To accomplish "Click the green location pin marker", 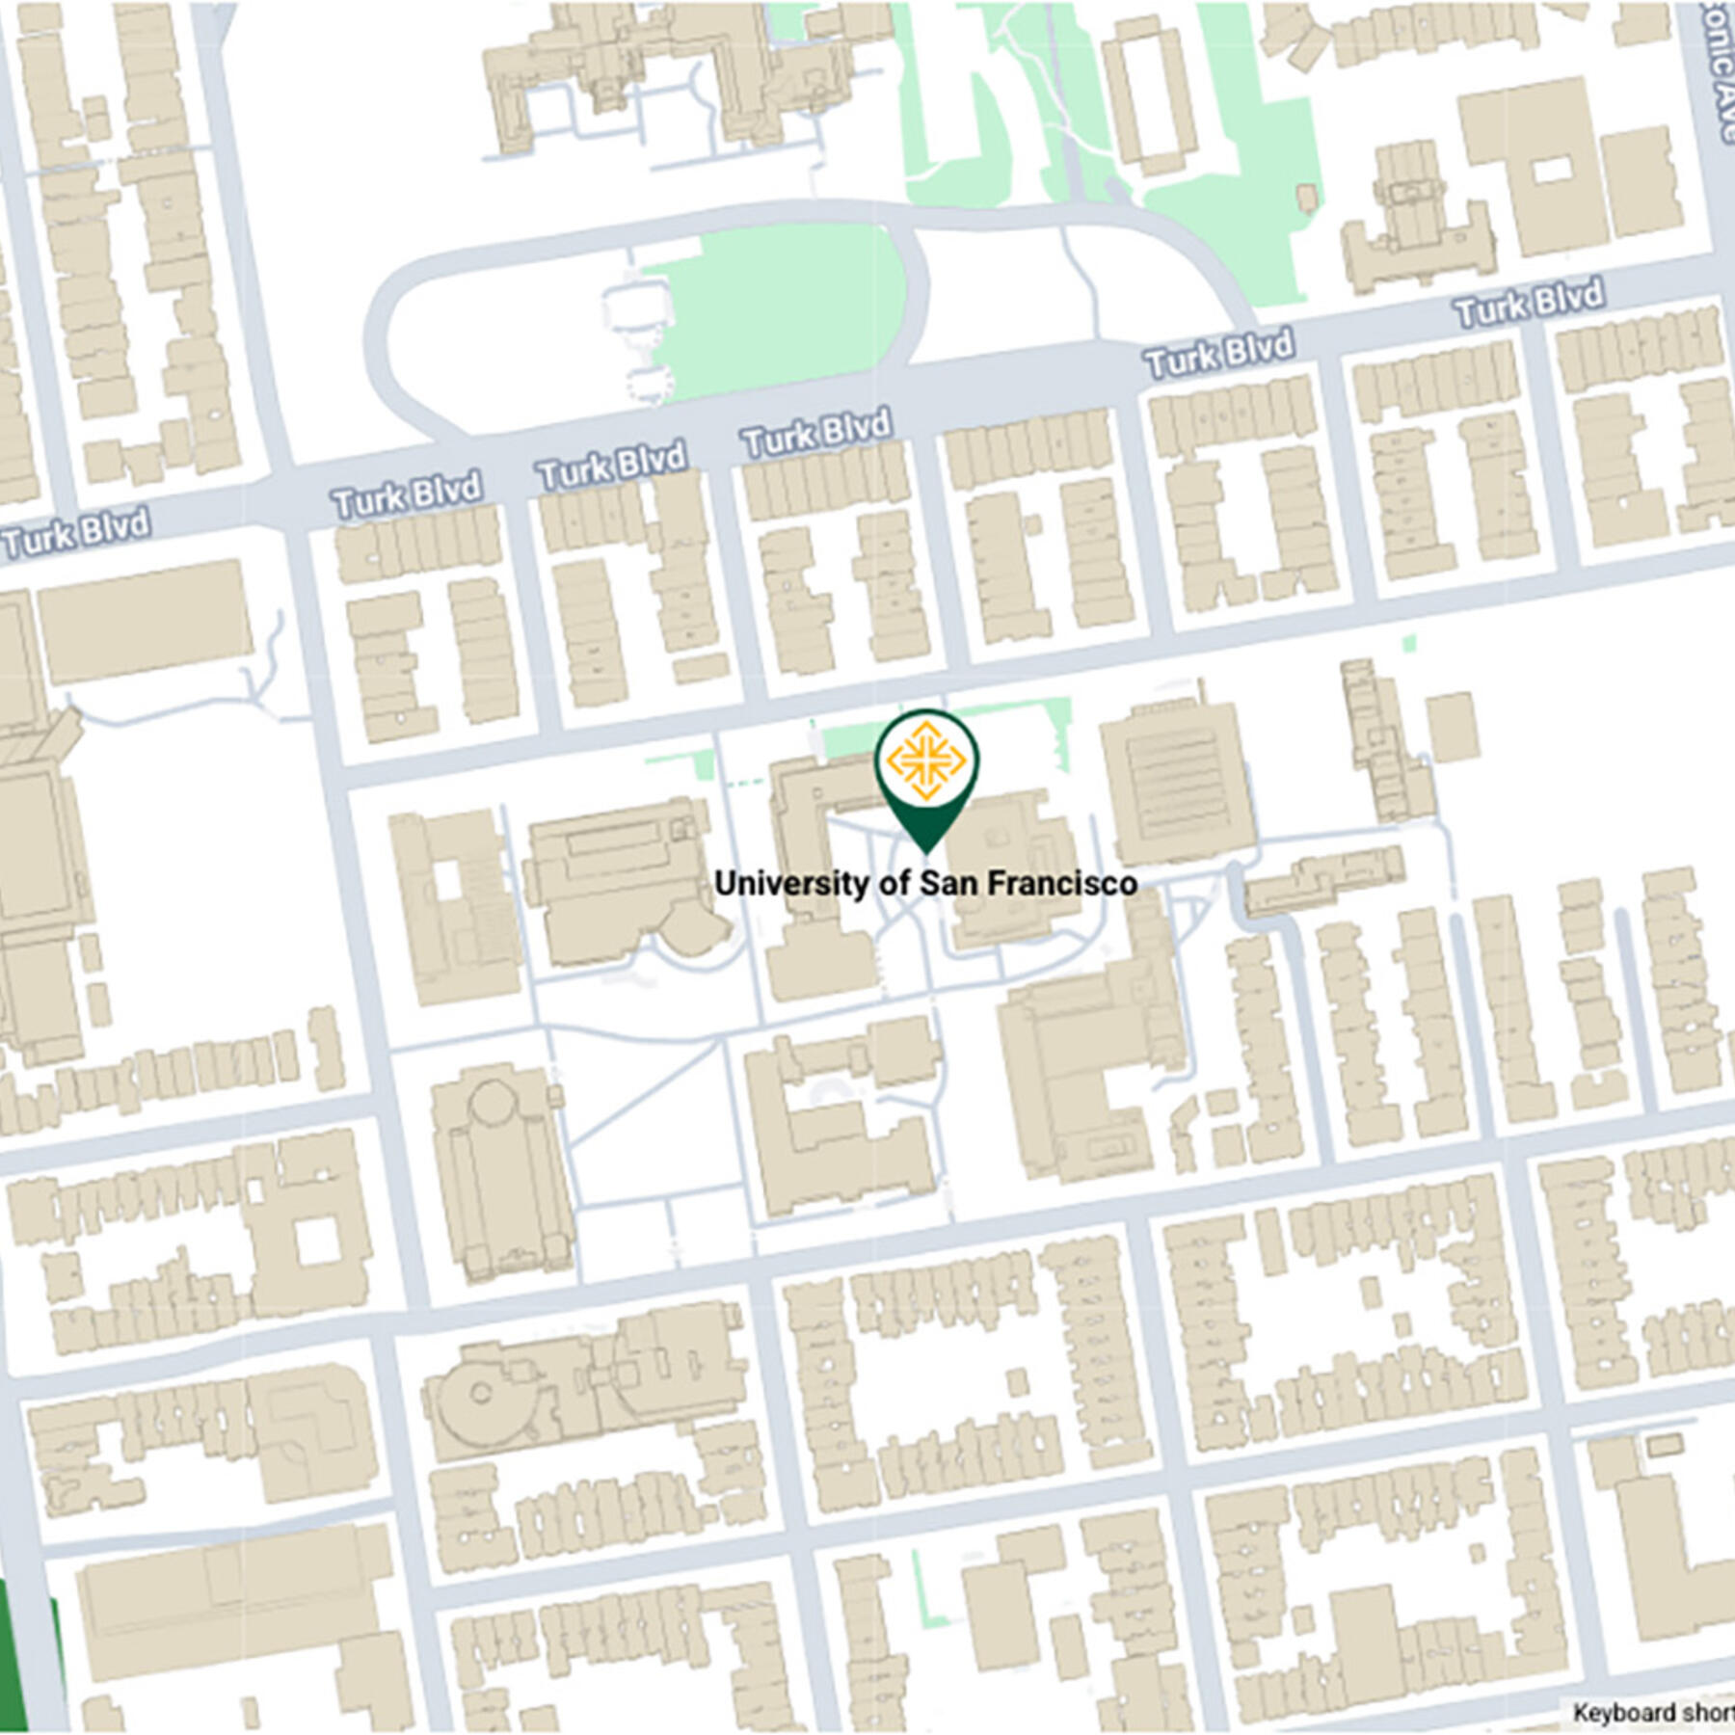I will click(926, 771).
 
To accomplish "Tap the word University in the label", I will click(791, 883).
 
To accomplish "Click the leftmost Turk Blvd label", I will click(77, 532).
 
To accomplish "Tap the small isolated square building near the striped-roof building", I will click(1453, 726).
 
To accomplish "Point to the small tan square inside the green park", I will click(1306, 198).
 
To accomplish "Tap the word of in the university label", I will click(894, 883).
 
